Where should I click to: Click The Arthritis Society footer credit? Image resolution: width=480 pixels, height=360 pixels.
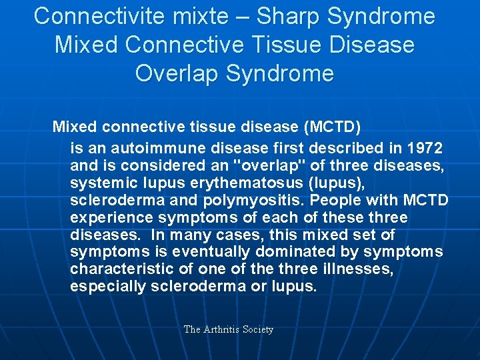tap(229, 329)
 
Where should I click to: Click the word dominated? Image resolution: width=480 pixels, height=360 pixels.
tap(301, 252)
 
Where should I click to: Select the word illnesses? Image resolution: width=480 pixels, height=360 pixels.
tap(356, 269)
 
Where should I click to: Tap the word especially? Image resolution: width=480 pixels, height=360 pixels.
tap(109, 287)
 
